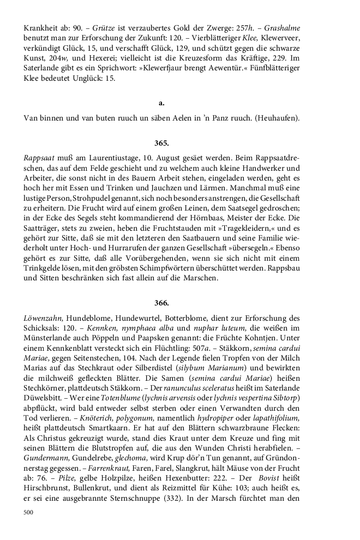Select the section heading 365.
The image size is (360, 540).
(161, 143)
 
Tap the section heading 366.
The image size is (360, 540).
(161, 302)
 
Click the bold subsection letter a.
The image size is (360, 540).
(161, 103)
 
